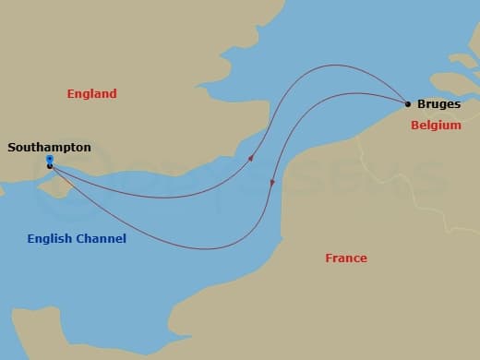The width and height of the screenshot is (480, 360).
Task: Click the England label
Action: click(x=92, y=93)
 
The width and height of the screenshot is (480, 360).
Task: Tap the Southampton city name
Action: click(x=49, y=147)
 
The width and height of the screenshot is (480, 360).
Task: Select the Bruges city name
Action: click(x=438, y=104)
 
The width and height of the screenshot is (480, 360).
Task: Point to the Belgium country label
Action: click(x=435, y=125)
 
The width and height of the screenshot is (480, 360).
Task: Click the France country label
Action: click(x=346, y=258)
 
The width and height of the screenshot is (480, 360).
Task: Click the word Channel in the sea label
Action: click(x=102, y=239)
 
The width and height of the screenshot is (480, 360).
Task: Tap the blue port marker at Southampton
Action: click(x=49, y=160)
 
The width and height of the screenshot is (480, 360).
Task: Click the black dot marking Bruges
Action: click(x=408, y=103)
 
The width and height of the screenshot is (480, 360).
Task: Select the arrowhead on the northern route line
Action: click(x=252, y=158)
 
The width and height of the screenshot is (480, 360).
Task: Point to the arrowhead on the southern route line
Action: click(x=272, y=184)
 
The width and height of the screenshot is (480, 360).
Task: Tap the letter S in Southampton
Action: click(x=11, y=147)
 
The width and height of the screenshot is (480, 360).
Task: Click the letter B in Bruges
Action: click(x=421, y=104)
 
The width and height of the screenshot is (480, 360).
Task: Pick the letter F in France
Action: click(x=329, y=258)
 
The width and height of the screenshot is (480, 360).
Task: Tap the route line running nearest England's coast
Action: click(x=185, y=195)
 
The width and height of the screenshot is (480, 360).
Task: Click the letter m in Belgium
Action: click(x=456, y=125)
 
